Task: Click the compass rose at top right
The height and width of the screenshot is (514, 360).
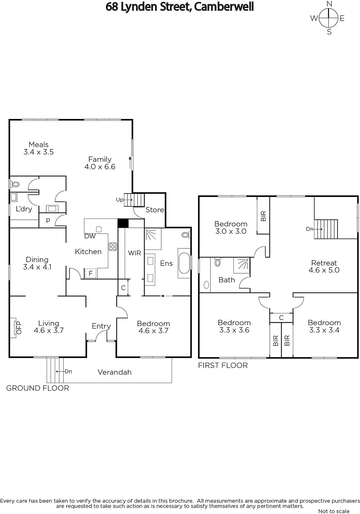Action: tap(329, 18)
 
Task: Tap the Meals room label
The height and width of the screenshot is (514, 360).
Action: tap(39, 145)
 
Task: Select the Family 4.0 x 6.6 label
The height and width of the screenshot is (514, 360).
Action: tap(100, 163)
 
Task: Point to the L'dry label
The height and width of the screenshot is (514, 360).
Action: tap(24, 209)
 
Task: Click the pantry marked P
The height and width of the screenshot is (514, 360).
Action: tap(48, 220)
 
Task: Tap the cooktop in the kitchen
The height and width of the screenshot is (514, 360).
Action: tap(113, 247)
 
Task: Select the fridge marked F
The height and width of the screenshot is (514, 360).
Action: tap(91, 273)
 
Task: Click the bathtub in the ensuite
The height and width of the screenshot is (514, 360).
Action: tap(184, 263)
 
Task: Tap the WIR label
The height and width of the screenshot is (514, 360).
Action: tap(135, 253)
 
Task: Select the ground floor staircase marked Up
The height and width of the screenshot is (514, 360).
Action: tap(134, 200)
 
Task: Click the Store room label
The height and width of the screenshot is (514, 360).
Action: tap(155, 210)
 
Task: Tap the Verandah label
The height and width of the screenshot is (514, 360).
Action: tap(115, 372)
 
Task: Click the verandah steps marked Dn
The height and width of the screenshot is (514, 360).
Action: tap(55, 370)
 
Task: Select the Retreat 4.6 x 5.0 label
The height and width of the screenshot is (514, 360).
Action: tap(324, 266)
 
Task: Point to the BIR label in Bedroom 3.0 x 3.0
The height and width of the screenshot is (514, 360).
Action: tap(263, 216)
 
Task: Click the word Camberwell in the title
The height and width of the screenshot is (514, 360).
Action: tap(224, 7)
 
